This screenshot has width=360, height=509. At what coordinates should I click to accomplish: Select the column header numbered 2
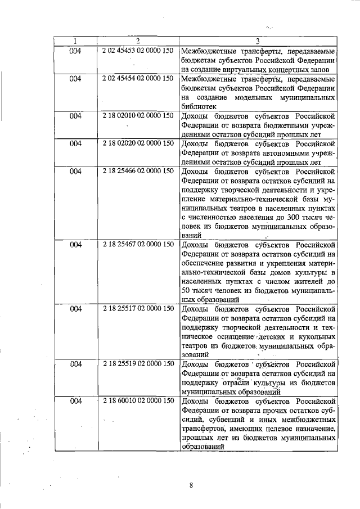(138, 41)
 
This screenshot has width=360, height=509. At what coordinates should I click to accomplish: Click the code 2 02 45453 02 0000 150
(138, 51)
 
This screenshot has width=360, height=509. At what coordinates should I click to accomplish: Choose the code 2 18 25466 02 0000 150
(138, 170)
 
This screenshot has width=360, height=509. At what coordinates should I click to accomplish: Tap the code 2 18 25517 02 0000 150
(138, 309)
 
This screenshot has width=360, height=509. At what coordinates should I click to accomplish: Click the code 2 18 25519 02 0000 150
(138, 364)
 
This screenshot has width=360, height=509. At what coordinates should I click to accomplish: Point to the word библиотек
(199, 106)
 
